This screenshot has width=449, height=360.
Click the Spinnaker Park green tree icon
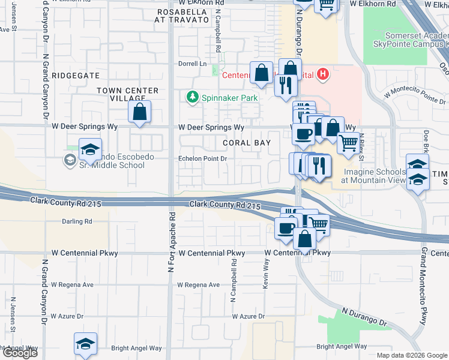(192, 97)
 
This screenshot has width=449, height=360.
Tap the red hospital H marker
(323, 74)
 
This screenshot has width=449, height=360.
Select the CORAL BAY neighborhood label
(247, 143)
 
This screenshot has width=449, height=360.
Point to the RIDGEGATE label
(75, 75)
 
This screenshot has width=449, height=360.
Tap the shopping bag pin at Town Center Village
(139, 112)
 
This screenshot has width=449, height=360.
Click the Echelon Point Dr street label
(202, 158)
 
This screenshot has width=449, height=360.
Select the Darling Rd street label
(77, 221)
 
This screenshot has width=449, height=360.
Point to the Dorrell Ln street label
(191, 64)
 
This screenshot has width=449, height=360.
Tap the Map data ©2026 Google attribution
(412, 355)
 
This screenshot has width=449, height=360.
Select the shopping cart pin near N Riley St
(348, 144)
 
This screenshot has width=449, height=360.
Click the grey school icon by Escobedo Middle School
(70, 160)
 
